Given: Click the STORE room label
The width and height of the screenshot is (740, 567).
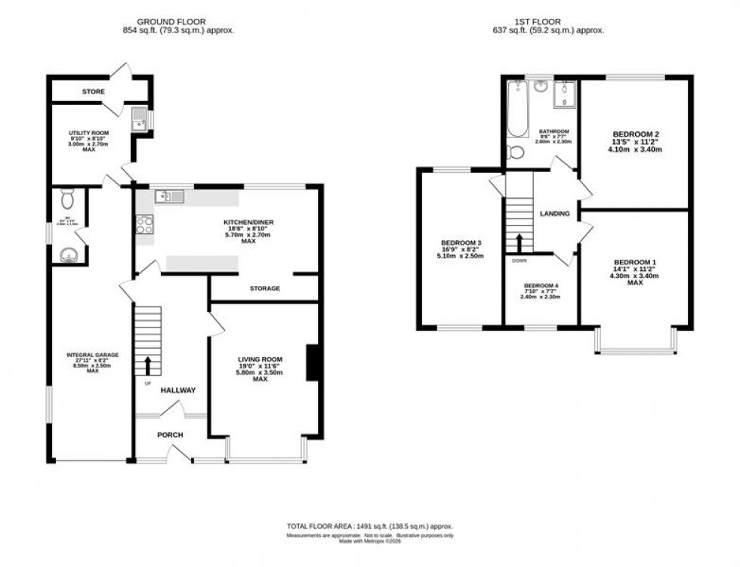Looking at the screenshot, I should point(94,91).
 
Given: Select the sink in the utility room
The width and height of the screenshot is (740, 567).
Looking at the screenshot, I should point(139,119).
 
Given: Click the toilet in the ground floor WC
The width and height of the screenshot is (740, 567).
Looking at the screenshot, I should point(66,199).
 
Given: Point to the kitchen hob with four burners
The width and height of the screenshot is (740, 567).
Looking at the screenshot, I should point(144,224).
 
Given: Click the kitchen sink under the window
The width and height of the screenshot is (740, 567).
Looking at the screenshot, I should point(169,197).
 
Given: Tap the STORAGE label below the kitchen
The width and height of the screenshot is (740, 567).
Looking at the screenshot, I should point(264,288).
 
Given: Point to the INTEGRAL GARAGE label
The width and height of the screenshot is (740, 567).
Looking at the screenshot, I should point(93,355).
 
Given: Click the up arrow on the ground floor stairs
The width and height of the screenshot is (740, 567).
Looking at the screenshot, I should point(147,365).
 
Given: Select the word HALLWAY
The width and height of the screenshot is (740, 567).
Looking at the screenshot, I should point(178,390).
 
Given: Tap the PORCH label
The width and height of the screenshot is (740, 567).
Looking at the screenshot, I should point(170,435).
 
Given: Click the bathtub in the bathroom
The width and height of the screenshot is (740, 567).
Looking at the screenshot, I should point(517,112).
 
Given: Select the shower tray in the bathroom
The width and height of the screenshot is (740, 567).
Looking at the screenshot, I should point(564,95).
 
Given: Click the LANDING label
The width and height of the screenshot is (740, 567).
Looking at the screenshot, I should point(554,214).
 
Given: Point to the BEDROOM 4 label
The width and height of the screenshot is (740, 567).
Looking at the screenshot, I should point(541,285).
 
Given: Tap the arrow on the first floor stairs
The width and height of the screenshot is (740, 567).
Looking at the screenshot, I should point(520,243).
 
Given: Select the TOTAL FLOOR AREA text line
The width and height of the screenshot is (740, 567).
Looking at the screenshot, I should point(369,526).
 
